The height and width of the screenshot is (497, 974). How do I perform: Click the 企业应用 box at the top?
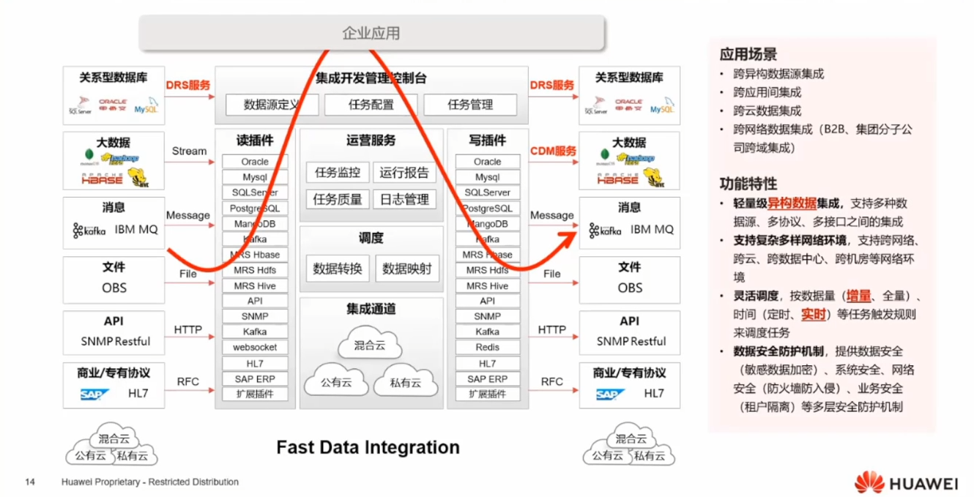pos(371,33)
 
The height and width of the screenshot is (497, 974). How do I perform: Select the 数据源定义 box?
pos(272,105)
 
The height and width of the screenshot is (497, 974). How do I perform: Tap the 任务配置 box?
pos(371,105)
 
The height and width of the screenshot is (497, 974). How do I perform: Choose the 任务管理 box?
pos(469,105)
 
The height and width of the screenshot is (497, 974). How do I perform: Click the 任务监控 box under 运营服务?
pos(337,173)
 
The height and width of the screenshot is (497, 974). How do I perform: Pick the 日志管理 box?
pos(404,199)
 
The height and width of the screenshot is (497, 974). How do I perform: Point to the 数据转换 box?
pos(337,269)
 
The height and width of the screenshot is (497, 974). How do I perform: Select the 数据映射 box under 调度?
pos(407,269)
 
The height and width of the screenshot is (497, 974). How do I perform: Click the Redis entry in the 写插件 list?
pos(487,348)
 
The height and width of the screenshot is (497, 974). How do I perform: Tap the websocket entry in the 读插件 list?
pos(255,348)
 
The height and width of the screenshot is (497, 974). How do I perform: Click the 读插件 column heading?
pos(255,141)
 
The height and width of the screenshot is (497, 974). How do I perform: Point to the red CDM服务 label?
pos(553,151)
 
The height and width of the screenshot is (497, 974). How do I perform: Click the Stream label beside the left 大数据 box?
pos(189,151)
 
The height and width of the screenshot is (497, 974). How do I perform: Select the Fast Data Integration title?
pos(368,447)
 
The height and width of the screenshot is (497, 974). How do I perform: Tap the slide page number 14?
pos(30,482)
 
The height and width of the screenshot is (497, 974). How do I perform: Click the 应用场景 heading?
pos(748,54)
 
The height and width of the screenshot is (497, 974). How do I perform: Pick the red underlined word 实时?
pos(813,314)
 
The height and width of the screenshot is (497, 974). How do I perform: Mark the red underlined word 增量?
pos(859,296)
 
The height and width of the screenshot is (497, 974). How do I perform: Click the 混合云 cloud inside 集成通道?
pos(369,345)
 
